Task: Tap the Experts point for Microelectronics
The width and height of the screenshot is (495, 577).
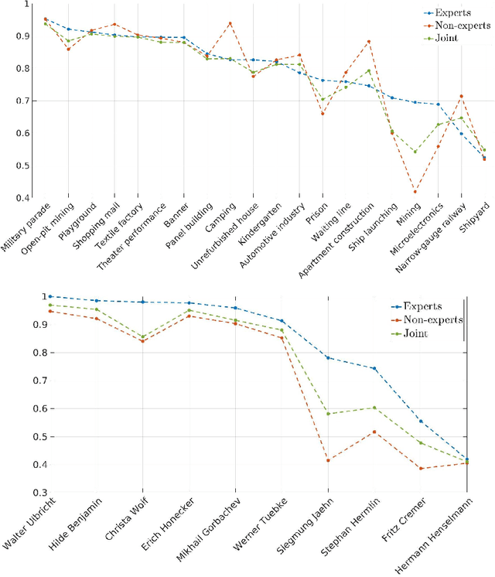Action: point(438,104)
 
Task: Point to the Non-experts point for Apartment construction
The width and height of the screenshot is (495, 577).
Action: point(368,42)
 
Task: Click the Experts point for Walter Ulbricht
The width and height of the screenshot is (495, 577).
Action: point(50,296)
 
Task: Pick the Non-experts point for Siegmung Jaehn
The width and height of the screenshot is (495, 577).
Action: point(328,460)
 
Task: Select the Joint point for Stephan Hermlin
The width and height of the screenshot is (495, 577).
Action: point(374,408)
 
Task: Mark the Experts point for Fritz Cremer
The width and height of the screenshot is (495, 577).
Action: point(421,421)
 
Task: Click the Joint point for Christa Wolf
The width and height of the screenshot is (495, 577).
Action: point(142,337)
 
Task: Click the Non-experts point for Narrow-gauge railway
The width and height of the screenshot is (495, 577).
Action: point(461,97)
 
